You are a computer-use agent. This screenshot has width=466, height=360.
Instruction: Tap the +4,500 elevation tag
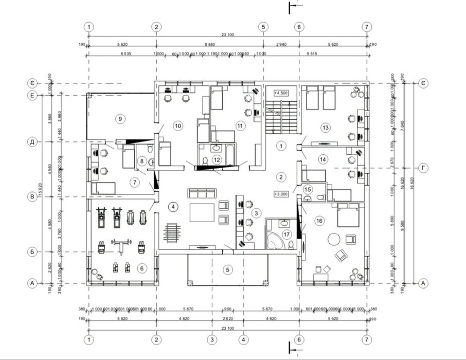pyautogui.click(x=281, y=93)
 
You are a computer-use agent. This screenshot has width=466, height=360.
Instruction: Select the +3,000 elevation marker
pyautogui.click(x=281, y=194)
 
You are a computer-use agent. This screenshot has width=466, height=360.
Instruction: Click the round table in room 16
pyautogui.click(x=334, y=239)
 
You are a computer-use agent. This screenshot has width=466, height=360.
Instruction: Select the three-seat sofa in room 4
pyautogui.click(x=201, y=193)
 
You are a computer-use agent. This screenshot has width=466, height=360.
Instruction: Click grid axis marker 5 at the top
pyautogui.click(x=263, y=27)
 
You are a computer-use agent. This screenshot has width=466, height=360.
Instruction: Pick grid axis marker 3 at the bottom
pyautogui.click(x=211, y=339)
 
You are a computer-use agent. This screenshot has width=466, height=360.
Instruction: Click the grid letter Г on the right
pyautogui.click(x=422, y=168)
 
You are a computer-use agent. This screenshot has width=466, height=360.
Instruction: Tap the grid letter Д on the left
pyautogui.click(x=32, y=141)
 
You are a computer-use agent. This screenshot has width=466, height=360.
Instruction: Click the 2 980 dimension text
pyautogui.click(x=281, y=45)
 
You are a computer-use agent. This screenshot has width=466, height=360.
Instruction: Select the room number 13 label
pyautogui.click(x=325, y=127)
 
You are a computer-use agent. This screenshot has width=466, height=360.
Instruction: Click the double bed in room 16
pyautogui.click(x=348, y=216)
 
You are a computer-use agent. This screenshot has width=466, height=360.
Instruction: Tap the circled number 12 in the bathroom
pyautogui.click(x=217, y=160)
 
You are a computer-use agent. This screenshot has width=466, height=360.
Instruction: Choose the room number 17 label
pyautogui.click(x=286, y=235)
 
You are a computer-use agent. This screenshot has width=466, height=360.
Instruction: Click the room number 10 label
pyautogui.click(x=178, y=125)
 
